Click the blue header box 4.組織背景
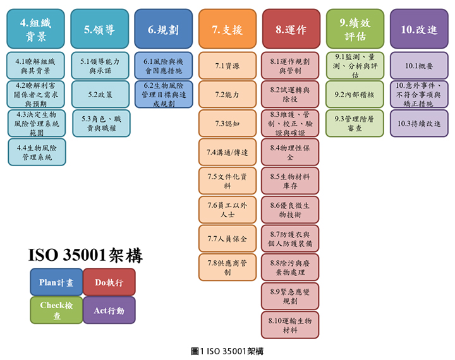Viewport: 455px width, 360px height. point(36,29)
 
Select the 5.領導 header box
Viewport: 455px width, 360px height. point(99,29)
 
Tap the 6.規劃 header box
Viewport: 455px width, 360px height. point(163,29)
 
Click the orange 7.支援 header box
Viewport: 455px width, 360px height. point(227,29)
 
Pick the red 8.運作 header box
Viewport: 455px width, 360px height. point(291,29)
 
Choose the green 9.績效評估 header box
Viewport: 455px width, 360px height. point(355,29)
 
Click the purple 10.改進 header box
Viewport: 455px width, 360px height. point(419,29)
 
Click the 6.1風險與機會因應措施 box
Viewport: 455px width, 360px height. point(164,66)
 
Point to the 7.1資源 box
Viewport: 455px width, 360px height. point(227,66)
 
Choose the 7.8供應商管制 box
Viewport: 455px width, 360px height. point(227,267)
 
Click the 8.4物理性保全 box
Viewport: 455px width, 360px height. point(290,152)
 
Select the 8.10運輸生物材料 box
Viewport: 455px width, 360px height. point(290,325)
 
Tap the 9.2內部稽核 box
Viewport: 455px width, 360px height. point(355,94)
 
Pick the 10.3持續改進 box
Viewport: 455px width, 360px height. point(419,123)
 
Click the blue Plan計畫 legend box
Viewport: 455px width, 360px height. point(56,282)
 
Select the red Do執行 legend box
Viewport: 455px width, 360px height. point(109,282)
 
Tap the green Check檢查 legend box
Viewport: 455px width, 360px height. point(56,310)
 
